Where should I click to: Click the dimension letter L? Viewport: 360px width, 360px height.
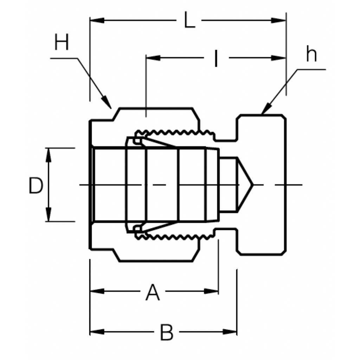189,20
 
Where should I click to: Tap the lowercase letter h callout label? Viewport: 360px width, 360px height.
311,54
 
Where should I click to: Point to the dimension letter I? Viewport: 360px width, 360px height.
216,58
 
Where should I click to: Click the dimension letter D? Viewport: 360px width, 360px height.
36,185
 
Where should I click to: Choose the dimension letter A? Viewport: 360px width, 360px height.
153,292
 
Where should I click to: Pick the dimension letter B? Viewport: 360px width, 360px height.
166,332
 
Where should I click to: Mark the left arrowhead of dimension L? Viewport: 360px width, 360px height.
97,20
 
